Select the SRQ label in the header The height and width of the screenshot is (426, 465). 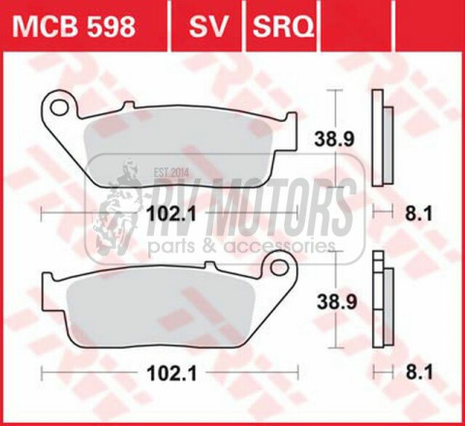click(x=283, y=23)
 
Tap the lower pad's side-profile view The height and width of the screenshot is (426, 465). click(x=384, y=302)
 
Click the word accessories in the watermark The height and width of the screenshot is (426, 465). click(x=280, y=247)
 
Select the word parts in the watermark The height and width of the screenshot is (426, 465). click(x=169, y=247)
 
